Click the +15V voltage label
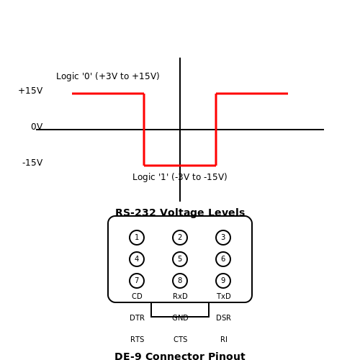30,91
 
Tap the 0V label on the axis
37,127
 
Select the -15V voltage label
32,163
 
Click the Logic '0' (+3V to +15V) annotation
108,76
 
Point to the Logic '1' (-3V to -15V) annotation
180,177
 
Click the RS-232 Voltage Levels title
180,212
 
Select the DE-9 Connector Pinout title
180,356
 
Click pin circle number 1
137,238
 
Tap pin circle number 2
180,238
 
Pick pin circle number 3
223,238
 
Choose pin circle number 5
180,259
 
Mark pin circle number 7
137,281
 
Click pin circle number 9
223,281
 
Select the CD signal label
137,296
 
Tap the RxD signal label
180,296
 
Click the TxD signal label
224,296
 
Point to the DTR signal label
137,318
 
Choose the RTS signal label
138,339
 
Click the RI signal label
224,339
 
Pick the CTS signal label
181,339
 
